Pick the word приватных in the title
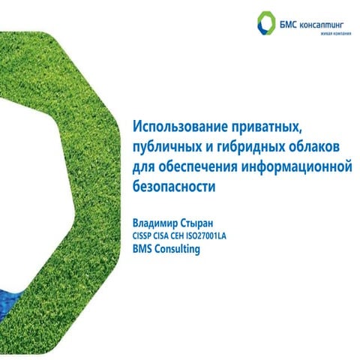(x=266, y=124)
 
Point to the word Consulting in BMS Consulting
(x=178, y=250)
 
